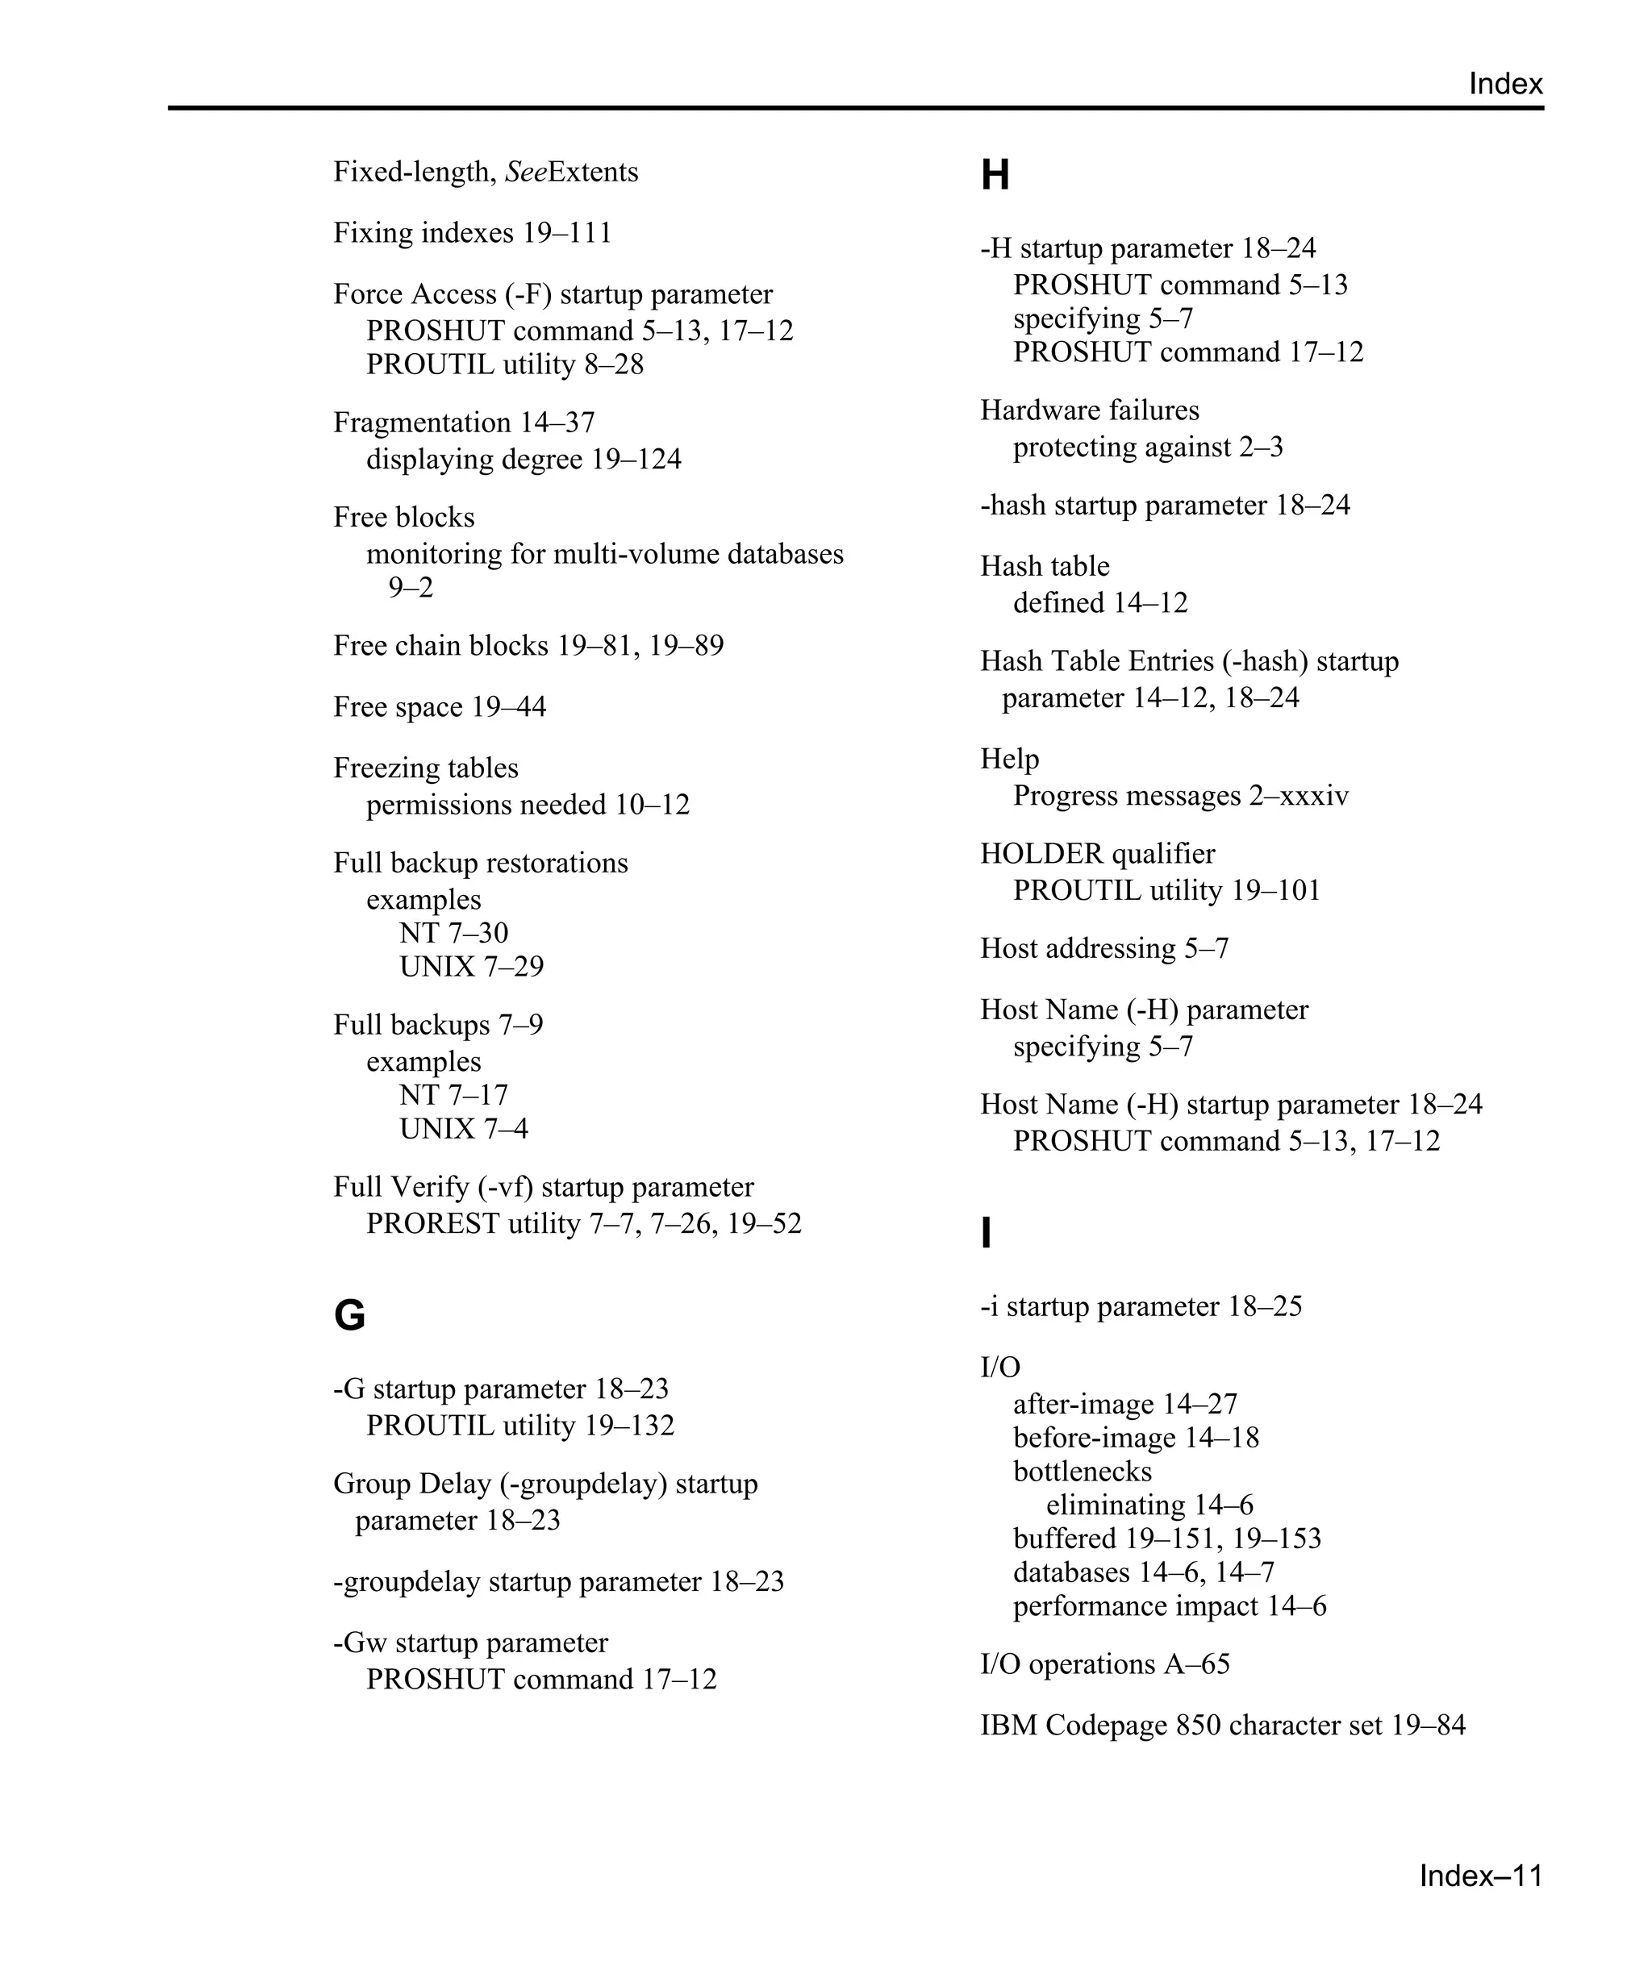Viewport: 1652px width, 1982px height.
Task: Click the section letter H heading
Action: point(995,176)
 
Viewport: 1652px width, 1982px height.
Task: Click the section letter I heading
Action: point(987,1233)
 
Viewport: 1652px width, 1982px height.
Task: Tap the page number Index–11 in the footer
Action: point(1480,1876)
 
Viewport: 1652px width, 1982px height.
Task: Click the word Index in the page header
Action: point(1504,84)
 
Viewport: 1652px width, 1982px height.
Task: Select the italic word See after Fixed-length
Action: point(526,172)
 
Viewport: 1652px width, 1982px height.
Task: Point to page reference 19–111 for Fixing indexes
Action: point(567,233)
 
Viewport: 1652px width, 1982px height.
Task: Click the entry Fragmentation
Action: point(422,423)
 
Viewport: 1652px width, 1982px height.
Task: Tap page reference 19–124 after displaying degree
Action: point(636,460)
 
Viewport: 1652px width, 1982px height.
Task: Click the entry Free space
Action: point(398,707)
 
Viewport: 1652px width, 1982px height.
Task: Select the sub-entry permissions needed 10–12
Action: point(528,805)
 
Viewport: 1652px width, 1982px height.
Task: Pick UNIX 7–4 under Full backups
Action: point(464,1129)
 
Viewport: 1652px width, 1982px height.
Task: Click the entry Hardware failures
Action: point(1090,410)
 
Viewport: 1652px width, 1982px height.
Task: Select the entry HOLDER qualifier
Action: point(1097,854)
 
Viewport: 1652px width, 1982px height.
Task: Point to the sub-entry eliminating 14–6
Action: point(1149,1505)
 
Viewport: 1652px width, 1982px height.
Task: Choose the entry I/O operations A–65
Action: point(1104,1664)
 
